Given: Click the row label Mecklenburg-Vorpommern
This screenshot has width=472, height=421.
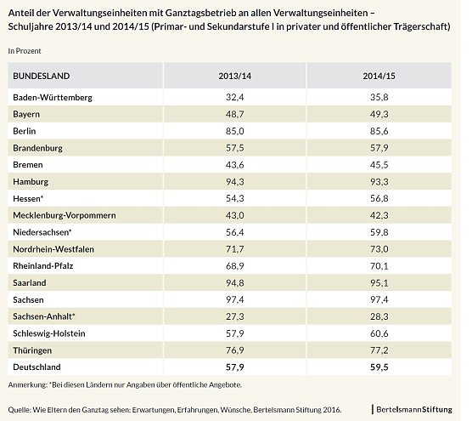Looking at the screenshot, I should point(63,215).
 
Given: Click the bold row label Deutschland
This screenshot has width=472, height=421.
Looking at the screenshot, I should point(41,367).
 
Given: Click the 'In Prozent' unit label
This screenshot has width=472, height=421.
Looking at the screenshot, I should point(25,51).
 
